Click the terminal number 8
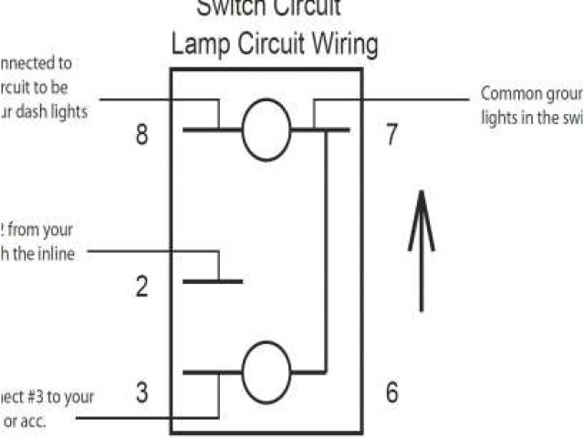pyautogui.click(x=141, y=135)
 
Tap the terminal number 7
pyautogui.click(x=391, y=135)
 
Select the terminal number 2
pyautogui.click(x=141, y=287)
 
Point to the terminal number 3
pyautogui.click(x=141, y=393)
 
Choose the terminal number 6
pyautogui.click(x=391, y=393)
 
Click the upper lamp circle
pyautogui.click(x=266, y=130)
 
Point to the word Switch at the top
pyautogui.click(x=228, y=9)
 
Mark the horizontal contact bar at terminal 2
pyautogui.click(x=212, y=281)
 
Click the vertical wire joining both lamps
pyautogui.click(x=326, y=251)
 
